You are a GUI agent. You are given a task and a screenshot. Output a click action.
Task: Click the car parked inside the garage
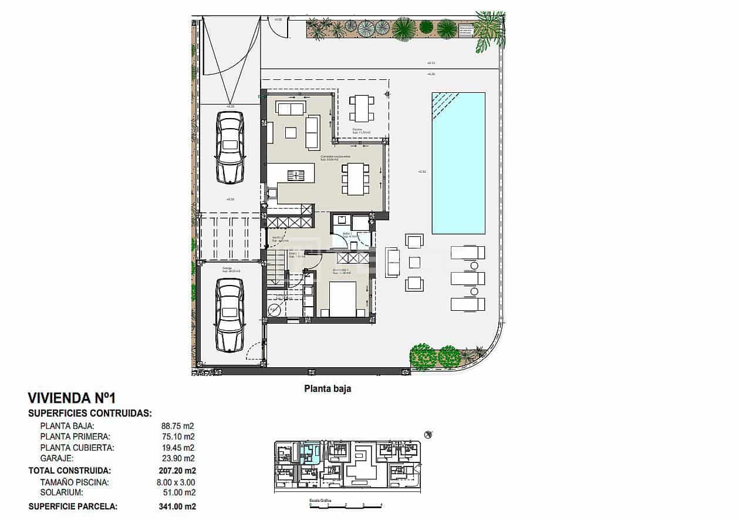pyautogui.click(x=230, y=314)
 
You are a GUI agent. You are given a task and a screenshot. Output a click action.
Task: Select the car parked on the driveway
pyautogui.click(x=230, y=147)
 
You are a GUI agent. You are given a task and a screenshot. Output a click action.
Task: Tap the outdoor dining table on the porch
pyautogui.click(x=361, y=108)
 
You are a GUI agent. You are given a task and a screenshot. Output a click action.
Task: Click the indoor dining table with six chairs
pyautogui.click(x=355, y=179)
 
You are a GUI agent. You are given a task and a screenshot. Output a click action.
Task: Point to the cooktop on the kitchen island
pyautogui.click(x=296, y=175)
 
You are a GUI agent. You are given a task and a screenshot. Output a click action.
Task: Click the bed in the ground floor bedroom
pyautogui.click(x=342, y=298)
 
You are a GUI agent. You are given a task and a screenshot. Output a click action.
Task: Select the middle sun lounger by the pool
pyautogui.click(x=468, y=278)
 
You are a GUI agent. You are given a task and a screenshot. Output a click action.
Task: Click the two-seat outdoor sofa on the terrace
pyautogui.click(x=392, y=263)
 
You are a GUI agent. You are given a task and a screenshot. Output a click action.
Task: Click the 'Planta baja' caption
pyautogui.click(x=327, y=388)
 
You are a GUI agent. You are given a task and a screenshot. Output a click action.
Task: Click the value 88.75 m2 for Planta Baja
pyautogui.click(x=177, y=426)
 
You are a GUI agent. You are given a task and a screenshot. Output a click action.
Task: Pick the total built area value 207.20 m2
pyautogui.click(x=177, y=471)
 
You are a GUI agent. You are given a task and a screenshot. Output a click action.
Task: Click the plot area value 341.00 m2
pyautogui.click(x=177, y=506)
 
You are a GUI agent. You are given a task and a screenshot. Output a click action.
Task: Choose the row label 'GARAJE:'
pyautogui.click(x=56, y=458)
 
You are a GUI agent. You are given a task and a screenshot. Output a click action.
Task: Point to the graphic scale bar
pyautogui.click(x=345, y=505)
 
